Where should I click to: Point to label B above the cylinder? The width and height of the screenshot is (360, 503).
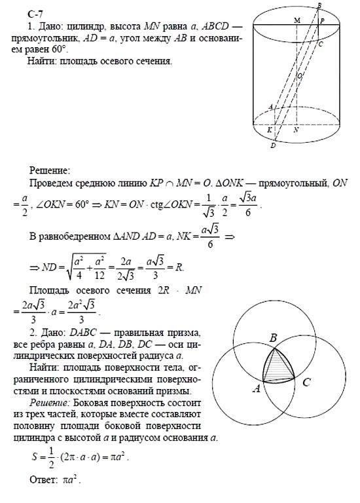pyautogui.click(x=319, y=6)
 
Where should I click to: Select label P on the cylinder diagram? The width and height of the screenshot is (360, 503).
pyautogui.click(x=323, y=21)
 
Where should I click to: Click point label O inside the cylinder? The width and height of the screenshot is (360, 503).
pyautogui.click(x=299, y=77)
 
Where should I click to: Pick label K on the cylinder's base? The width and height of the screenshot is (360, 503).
pyautogui.click(x=270, y=130)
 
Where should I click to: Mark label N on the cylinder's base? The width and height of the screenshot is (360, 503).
pyautogui.click(x=297, y=130)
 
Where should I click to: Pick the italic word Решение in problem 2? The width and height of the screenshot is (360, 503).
pyautogui.click(x=51, y=401)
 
